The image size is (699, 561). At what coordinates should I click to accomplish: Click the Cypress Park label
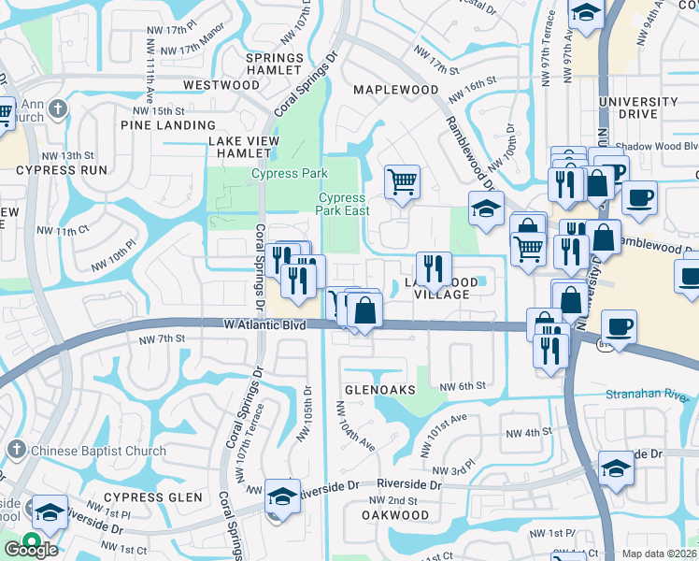coord(289,173)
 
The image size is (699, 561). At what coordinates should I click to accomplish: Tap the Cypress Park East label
coord(342,204)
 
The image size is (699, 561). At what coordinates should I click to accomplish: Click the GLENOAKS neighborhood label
coord(378,390)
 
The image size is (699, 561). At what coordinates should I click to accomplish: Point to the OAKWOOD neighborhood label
coord(394,515)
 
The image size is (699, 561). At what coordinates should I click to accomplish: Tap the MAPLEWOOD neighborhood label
coord(396,90)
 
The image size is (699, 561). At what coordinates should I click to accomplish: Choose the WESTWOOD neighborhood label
coord(221,85)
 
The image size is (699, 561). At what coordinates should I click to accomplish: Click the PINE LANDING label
coord(168,124)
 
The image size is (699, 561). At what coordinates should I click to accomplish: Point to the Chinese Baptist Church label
coord(98,451)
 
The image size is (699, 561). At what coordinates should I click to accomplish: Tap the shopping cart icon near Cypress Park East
coord(402,182)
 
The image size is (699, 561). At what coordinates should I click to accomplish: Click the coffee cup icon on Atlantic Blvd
coord(619,327)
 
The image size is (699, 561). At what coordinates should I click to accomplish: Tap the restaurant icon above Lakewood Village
coord(433,268)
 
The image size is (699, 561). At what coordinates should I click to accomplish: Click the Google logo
coord(31,549)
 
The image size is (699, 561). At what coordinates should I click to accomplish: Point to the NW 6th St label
coord(463,385)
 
